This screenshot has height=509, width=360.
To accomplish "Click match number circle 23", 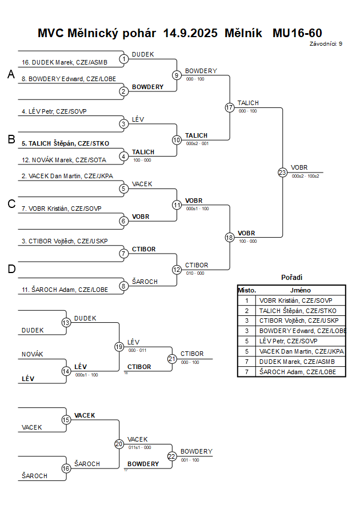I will pos(282,172).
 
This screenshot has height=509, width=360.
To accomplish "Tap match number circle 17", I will pos(230,107).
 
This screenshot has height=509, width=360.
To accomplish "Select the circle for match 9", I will pos(177,75).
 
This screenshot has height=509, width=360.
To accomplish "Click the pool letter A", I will pos(10,74).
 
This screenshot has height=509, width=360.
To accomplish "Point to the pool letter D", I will pos(11,268).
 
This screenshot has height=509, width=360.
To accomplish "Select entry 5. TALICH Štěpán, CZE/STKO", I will pos(65,143).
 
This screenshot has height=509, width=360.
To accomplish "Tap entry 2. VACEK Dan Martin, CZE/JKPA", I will pos(63,177).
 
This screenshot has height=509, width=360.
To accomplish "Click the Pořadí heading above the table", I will pos(291,277).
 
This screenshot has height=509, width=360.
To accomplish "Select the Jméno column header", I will pos(302,290).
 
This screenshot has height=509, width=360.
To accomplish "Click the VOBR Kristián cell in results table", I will pos(295,300).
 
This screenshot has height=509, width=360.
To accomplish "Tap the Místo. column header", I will pos(247,290).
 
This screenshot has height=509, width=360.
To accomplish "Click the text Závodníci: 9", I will pos(326,43).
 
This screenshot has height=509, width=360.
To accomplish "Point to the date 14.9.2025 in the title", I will pos(190,33).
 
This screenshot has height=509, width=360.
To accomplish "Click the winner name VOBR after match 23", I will pos(299,167).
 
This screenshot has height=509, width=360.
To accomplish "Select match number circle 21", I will pos(172,359).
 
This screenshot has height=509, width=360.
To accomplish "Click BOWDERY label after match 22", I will pos(196,451).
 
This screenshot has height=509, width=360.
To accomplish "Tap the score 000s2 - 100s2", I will pos(305,176).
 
